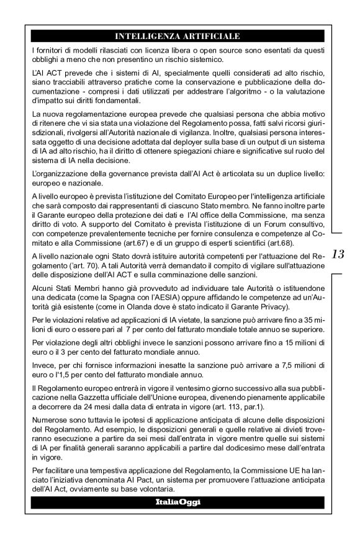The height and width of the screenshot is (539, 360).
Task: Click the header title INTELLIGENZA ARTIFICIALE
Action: [178, 36]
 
